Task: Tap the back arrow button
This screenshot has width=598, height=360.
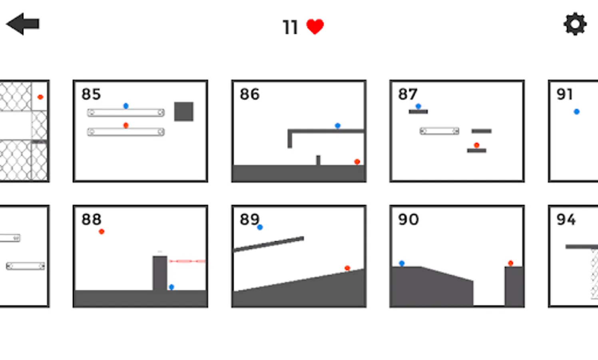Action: (x=23, y=24)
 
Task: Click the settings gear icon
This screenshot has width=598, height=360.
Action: (x=575, y=24)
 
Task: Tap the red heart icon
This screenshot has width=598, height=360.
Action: (x=315, y=27)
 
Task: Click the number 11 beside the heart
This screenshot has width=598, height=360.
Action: (x=290, y=28)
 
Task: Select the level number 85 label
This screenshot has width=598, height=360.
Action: (x=91, y=94)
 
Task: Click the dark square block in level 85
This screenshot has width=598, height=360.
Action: (x=183, y=111)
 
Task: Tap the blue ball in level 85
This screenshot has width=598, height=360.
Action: (x=126, y=106)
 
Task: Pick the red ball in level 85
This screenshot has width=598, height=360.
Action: (x=126, y=126)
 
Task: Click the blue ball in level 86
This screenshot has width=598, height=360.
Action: (x=338, y=126)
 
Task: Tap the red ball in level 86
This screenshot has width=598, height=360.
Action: (x=357, y=162)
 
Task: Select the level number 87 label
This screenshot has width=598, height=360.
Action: (x=408, y=94)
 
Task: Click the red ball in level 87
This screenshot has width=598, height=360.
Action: (x=476, y=145)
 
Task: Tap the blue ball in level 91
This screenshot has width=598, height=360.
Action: (x=576, y=112)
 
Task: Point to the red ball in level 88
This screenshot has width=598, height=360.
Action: (x=102, y=232)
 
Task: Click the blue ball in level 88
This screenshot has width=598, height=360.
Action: (x=171, y=287)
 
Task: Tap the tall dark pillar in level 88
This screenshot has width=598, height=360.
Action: (x=160, y=273)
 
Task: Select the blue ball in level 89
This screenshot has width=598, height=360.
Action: (x=260, y=227)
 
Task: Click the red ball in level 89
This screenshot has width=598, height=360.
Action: (x=347, y=268)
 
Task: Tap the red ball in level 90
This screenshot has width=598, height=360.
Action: (x=510, y=263)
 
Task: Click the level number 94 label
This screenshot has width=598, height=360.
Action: (x=566, y=220)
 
